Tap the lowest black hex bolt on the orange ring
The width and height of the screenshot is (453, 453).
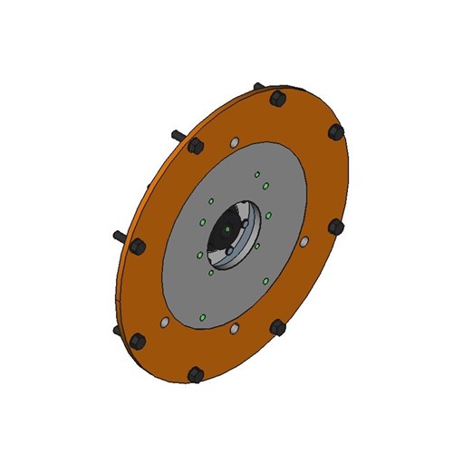[x=193, y=372]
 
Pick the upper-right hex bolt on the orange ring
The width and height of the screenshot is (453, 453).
[x=336, y=131]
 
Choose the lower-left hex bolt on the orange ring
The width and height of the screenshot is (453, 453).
[x=138, y=341]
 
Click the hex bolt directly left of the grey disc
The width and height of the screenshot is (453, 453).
[x=138, y=246]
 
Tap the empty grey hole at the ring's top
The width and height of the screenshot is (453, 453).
[x=235, y=142]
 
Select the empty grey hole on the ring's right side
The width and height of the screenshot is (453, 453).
[x=304, y=240]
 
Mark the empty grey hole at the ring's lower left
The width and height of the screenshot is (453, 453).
[x=164, y=322]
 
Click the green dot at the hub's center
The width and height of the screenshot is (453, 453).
[x=227, y=232]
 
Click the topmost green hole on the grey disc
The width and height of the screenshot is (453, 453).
[x=256, y=173]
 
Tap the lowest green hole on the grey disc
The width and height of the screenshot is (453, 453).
[x=201, y=316]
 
